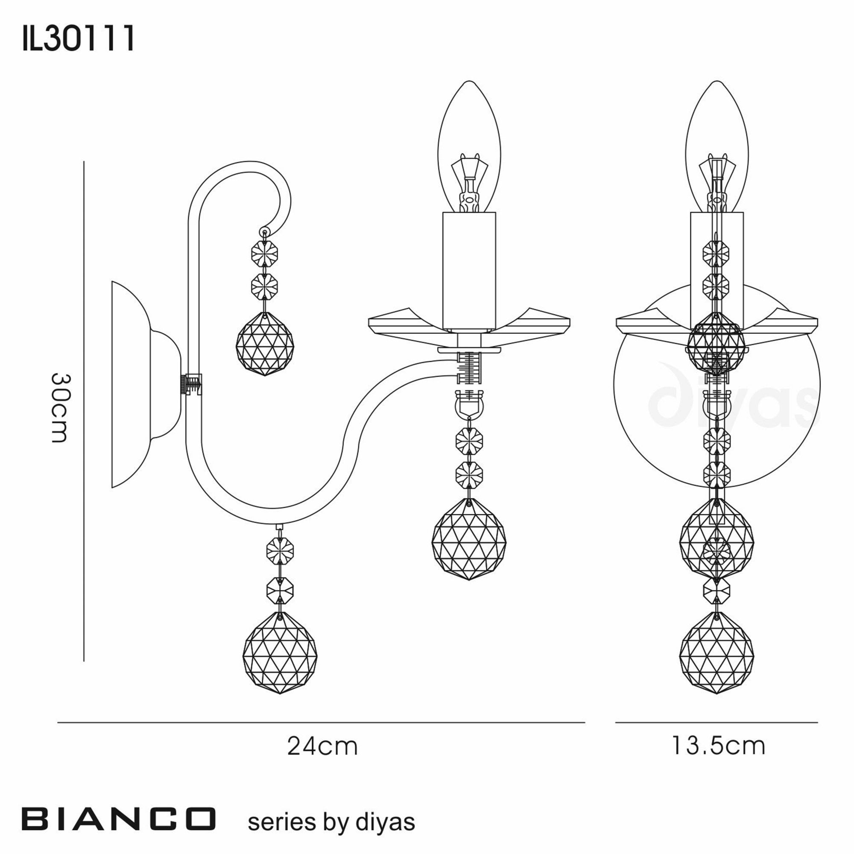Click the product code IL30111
pos(78,39)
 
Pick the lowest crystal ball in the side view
pos(280,652)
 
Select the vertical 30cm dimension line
pos(84,411)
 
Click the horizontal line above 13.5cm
pos(716,722)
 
